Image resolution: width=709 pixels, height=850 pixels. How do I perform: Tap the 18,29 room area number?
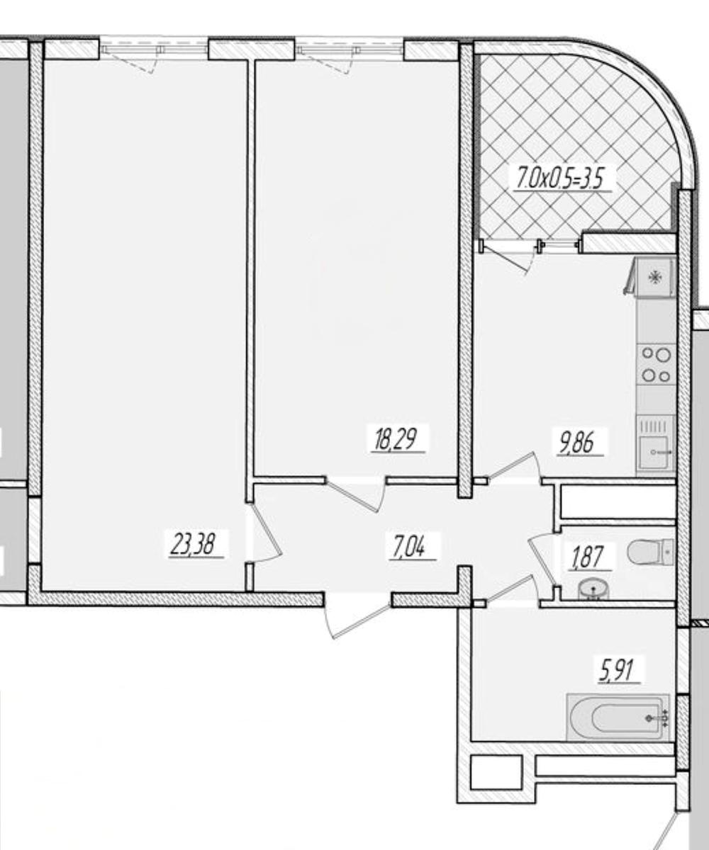pyautogui.click(x=396, y=438)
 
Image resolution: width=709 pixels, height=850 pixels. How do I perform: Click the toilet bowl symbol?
pyautogui.click(x=650, y=552)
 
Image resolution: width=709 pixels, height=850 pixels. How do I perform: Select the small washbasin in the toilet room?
pyautogui.click(x=593, y=590)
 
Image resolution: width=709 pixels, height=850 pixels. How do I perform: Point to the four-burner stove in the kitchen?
pyautogui.click(x=656, y=364)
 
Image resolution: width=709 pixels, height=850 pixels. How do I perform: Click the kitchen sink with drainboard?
pyautogui.click(x=656, y=445)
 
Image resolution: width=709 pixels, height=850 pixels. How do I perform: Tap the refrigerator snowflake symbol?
pyautogui.click(x=655, y=278)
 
